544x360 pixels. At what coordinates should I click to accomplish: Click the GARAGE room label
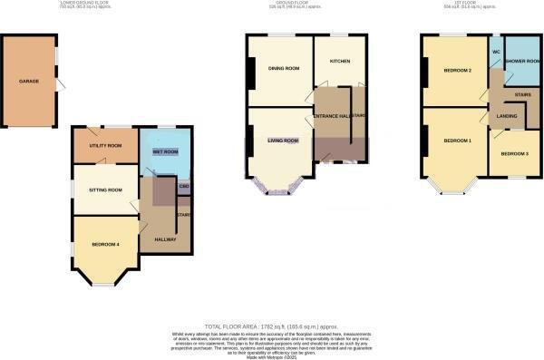(x=29, y=82)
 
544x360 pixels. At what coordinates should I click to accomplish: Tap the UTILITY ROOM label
(x=105, y=146)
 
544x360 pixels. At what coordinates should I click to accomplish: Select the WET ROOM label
(x=165, y=151)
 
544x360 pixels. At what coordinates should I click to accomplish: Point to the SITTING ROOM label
(x=103, y=190)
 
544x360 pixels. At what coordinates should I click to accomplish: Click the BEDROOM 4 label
(x=105, y=245)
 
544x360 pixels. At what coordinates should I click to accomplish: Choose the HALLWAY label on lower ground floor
(x=164, y=238)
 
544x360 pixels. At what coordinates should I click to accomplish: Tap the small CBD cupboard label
(x=184, y=188)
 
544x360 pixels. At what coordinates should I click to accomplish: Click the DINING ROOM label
(x=283, y=68)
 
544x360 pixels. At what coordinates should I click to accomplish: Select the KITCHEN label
(x=340, y=62)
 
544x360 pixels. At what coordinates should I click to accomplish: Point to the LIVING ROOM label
(x=282, y=141)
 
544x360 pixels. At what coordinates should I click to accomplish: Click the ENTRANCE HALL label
(x=332, y=117)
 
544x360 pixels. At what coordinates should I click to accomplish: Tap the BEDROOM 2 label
(x=456, y=69)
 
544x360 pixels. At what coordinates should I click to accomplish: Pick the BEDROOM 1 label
(x=457, y=141)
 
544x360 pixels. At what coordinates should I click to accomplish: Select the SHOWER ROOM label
(x=521, y=62)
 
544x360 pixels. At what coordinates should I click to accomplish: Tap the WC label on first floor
(x=496, y=52)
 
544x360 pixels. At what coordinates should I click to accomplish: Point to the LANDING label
(x=506, y=115)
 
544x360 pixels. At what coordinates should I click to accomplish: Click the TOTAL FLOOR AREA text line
(x=272, y=325)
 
